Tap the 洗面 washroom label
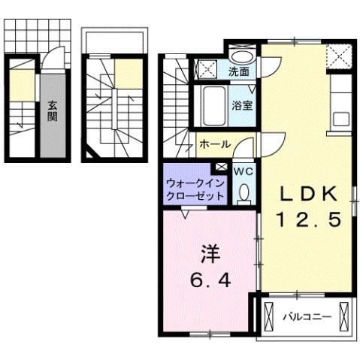click(x=240, y=72)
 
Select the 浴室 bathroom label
click(x=241, y=105)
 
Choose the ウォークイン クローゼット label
click(x=195, y=188)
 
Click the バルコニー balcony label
click(x=307, y=317)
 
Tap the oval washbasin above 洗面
click(x=242, y=57)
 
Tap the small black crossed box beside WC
click(x=221, y=168)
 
